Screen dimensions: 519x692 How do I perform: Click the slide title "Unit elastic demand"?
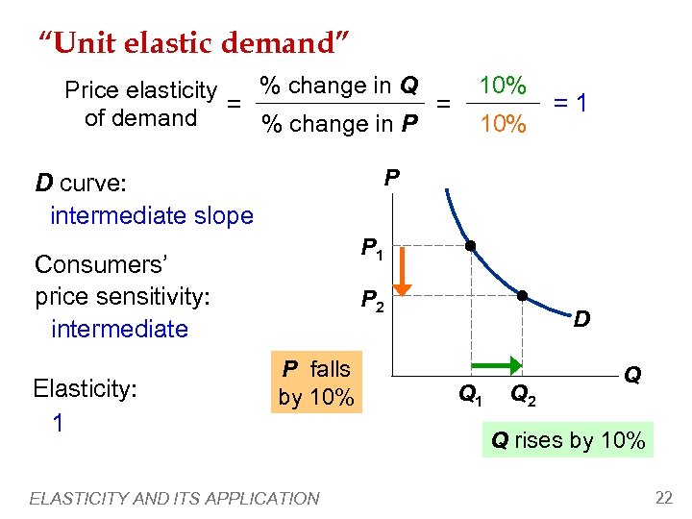[x=193, y=42]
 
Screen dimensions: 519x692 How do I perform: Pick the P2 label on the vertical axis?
[x=373, y=302]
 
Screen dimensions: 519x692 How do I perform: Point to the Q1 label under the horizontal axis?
[x=470, y=392]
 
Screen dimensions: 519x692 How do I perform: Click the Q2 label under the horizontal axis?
[x=524, y=392]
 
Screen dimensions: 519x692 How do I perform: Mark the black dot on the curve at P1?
[x=470, y=246]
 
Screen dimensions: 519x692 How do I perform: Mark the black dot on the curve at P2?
[x=521, y=296]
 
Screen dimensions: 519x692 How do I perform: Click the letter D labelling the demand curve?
[x=581, y=318]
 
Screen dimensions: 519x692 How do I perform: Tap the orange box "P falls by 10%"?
[x=316, y=383]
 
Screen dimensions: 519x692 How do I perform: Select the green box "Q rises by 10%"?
[x=568, y=441]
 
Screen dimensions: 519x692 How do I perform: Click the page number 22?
[x=663, y=497]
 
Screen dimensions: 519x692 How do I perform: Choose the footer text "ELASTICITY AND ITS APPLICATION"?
[x=174, y=498]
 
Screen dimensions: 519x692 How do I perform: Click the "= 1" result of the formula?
[x=571, y=102]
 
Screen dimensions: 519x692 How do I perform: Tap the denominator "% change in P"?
[x=339, y=124]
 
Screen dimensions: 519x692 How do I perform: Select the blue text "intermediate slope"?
[x=151, y=215]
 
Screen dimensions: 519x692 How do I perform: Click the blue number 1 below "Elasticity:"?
[x=58, y=423]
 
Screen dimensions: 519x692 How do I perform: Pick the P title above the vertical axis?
[x=391, y=178]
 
